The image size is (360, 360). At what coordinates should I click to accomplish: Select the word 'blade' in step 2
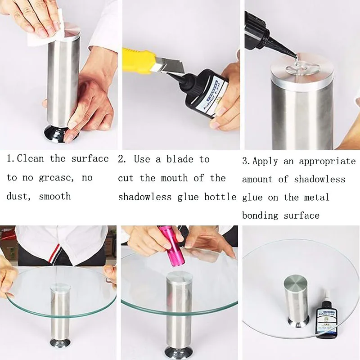coord(180,159)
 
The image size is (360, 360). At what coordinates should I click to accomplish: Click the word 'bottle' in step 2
coord(220,197)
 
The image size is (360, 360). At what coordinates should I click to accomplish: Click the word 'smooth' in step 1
coord(55,197)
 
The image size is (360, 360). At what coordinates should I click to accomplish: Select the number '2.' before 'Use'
coord(122,159)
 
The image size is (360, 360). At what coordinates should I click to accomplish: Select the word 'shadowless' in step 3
coord(319,179)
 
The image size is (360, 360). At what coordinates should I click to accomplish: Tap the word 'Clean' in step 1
coord(30,159)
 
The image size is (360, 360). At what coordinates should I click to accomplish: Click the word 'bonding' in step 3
coord(260,216)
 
